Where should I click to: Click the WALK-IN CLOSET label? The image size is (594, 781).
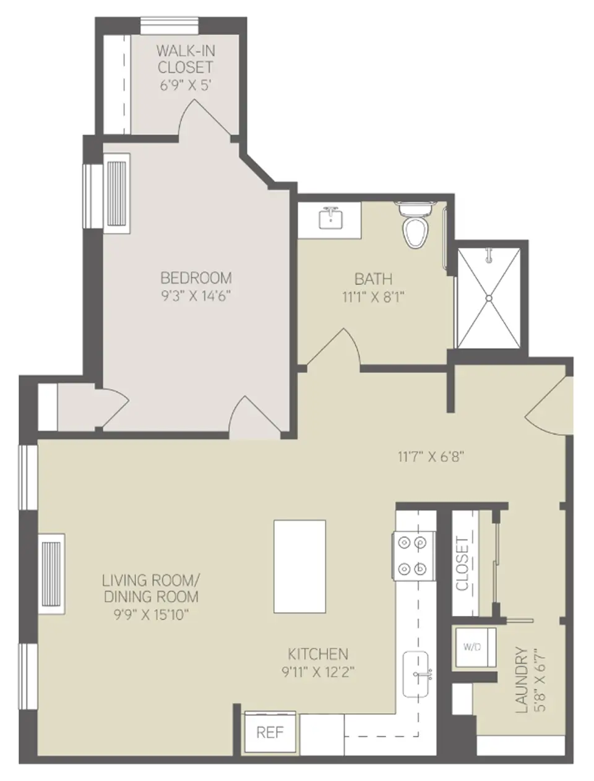pos(185,59)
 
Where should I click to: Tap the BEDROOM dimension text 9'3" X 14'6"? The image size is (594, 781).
pos(196,296)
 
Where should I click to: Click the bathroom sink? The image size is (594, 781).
pos(331,218)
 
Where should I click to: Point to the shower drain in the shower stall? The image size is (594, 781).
pos(488,297)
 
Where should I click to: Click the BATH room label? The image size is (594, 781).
pos(373,279)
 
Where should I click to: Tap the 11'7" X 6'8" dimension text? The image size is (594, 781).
pos(431,457)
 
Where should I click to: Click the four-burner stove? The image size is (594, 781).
pos(413,555)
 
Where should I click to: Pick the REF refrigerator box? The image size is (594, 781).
pos(270,733)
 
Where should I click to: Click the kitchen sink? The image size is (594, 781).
pos(418,674)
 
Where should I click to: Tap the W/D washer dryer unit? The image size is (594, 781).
pos(473,647)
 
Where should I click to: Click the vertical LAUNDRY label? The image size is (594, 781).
pos(522,680)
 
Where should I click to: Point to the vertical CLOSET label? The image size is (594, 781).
pos(462,564)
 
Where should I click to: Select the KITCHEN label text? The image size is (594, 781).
pos(318,654)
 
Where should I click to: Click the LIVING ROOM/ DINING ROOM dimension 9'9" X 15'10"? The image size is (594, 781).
pos(150,615)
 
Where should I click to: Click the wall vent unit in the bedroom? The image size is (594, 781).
pos(117,194)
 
